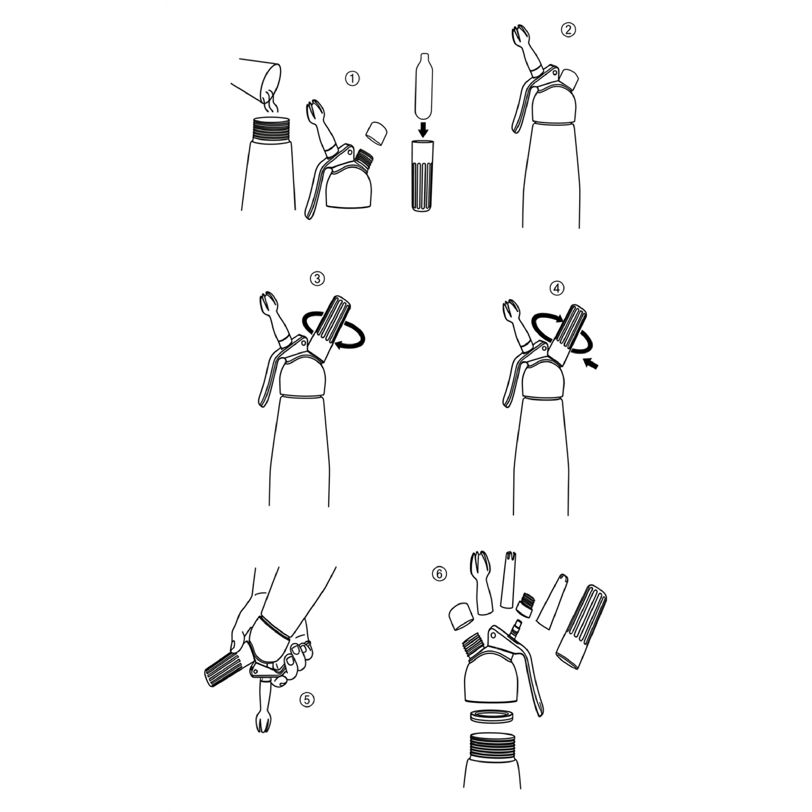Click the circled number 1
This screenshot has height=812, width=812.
(352, 78)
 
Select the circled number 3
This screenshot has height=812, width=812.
(317, 279)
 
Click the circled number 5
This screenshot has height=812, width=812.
(307, 700)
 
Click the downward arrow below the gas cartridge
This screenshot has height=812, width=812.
(424, 129)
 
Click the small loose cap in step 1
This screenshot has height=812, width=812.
(377, 133)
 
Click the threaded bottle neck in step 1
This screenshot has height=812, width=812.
(271, 129)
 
